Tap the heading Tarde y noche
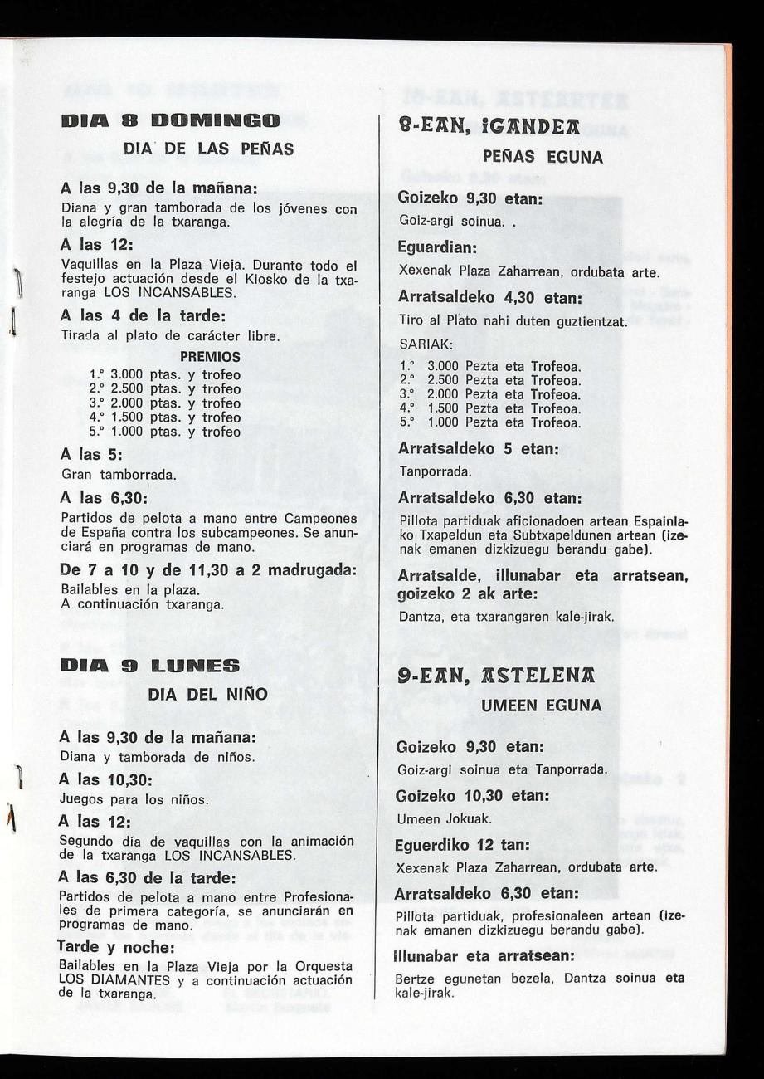point(114,945)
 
